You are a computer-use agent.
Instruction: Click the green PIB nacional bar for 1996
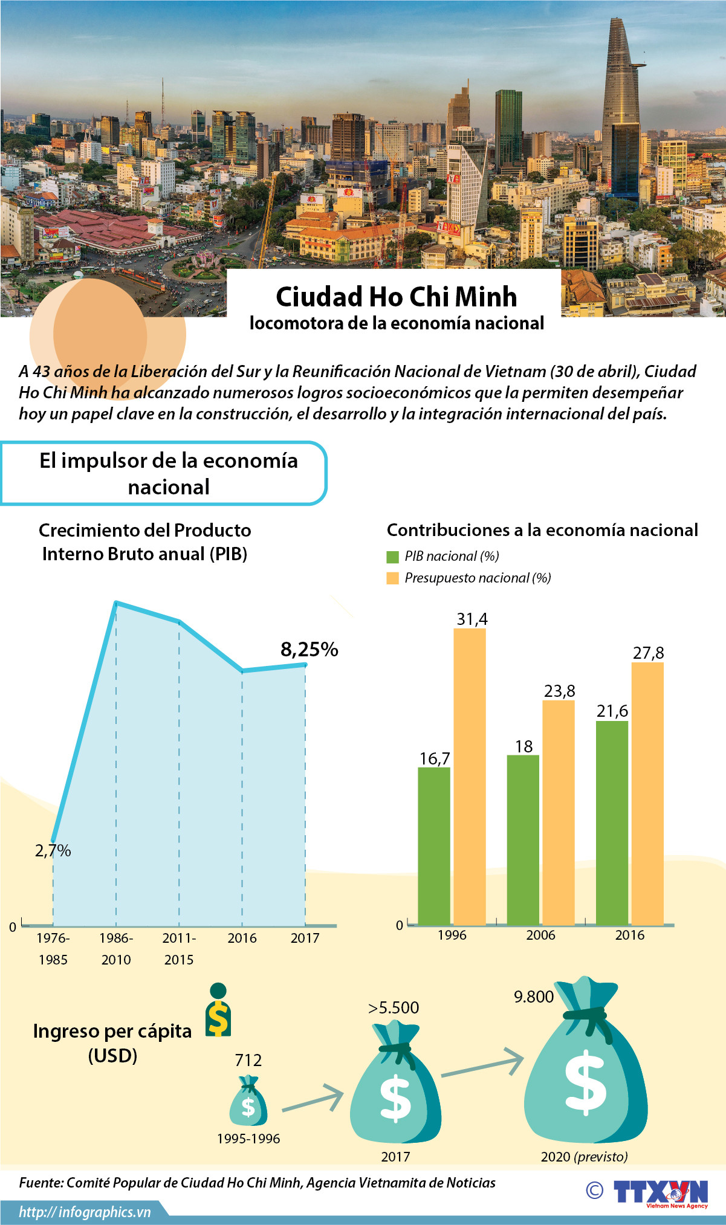click(434, 845)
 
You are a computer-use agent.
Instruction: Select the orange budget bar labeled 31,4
click(470, 776)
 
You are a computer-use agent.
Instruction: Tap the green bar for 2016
click(612, 823)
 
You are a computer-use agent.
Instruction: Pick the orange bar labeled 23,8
click(559, 812)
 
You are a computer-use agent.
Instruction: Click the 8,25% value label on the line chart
click(309, 650)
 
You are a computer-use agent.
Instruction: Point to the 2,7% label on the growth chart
click(53, 850)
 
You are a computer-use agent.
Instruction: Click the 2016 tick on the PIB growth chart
click(242, 938)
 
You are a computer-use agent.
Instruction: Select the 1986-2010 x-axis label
click(116, 948)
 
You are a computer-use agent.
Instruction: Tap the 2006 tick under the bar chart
click(540, 935)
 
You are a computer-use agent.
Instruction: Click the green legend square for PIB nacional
click(393, 557)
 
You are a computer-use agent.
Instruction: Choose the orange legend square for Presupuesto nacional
click(393, 578)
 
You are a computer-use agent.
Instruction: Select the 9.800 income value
click(534, 997)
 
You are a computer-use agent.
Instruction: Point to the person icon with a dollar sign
click(218, 1010)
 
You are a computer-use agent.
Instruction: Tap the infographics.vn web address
click(85, 1212)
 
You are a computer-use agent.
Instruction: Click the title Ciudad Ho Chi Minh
click(397, 297)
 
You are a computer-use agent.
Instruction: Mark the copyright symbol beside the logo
click(595, 1190)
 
